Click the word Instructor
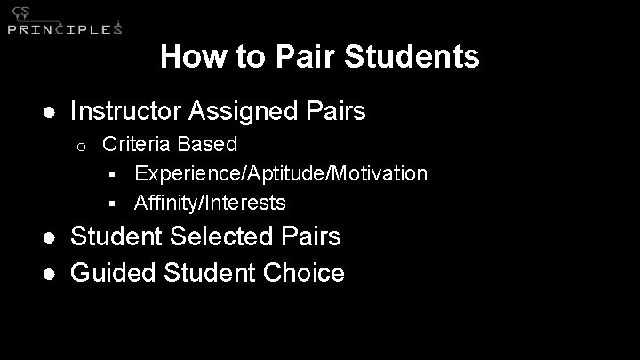coord(126,111)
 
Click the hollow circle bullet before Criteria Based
coord(80,145)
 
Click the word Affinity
coord(167,204)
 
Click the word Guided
coord(113,272)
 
